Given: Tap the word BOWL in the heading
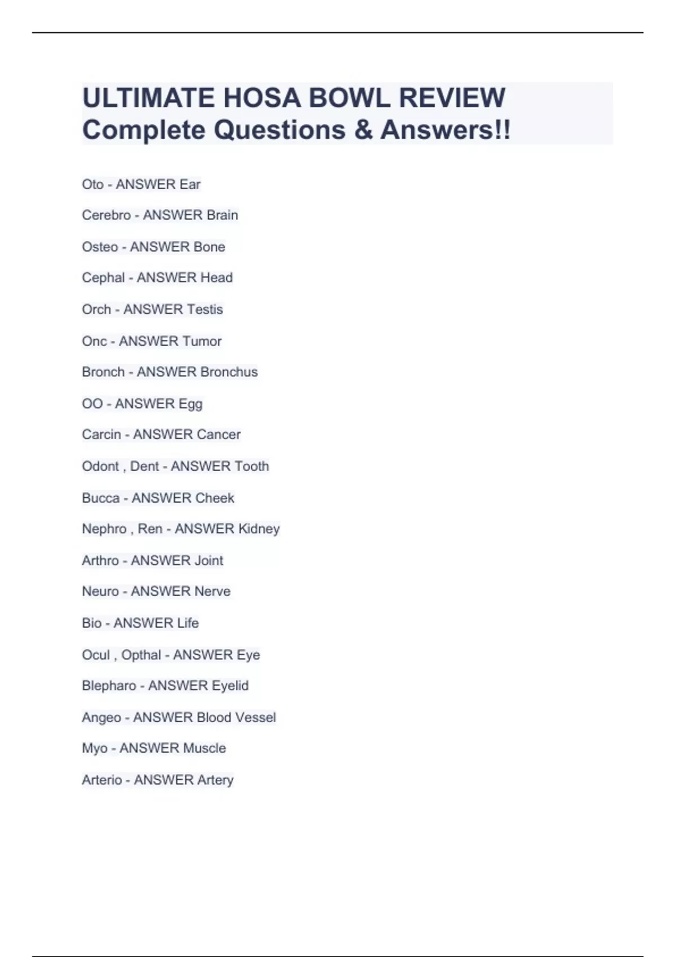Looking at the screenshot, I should point(349,98).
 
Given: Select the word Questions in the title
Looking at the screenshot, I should point(279,130).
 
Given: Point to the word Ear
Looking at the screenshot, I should point(190,185).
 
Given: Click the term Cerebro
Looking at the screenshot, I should point(106,215).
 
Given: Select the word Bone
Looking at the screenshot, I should point(209,247).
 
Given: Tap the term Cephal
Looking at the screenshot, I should point(103,278).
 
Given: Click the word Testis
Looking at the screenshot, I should point(205,309).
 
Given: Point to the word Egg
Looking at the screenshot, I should point(190,404).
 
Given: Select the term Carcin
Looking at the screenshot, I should point(101,435).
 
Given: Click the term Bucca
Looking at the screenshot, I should point(101,498).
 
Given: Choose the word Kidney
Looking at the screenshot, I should point(259,529).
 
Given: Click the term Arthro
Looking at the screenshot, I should point(100,561).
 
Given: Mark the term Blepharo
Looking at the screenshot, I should point(109,686).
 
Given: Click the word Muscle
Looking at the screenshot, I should point(201,748).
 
